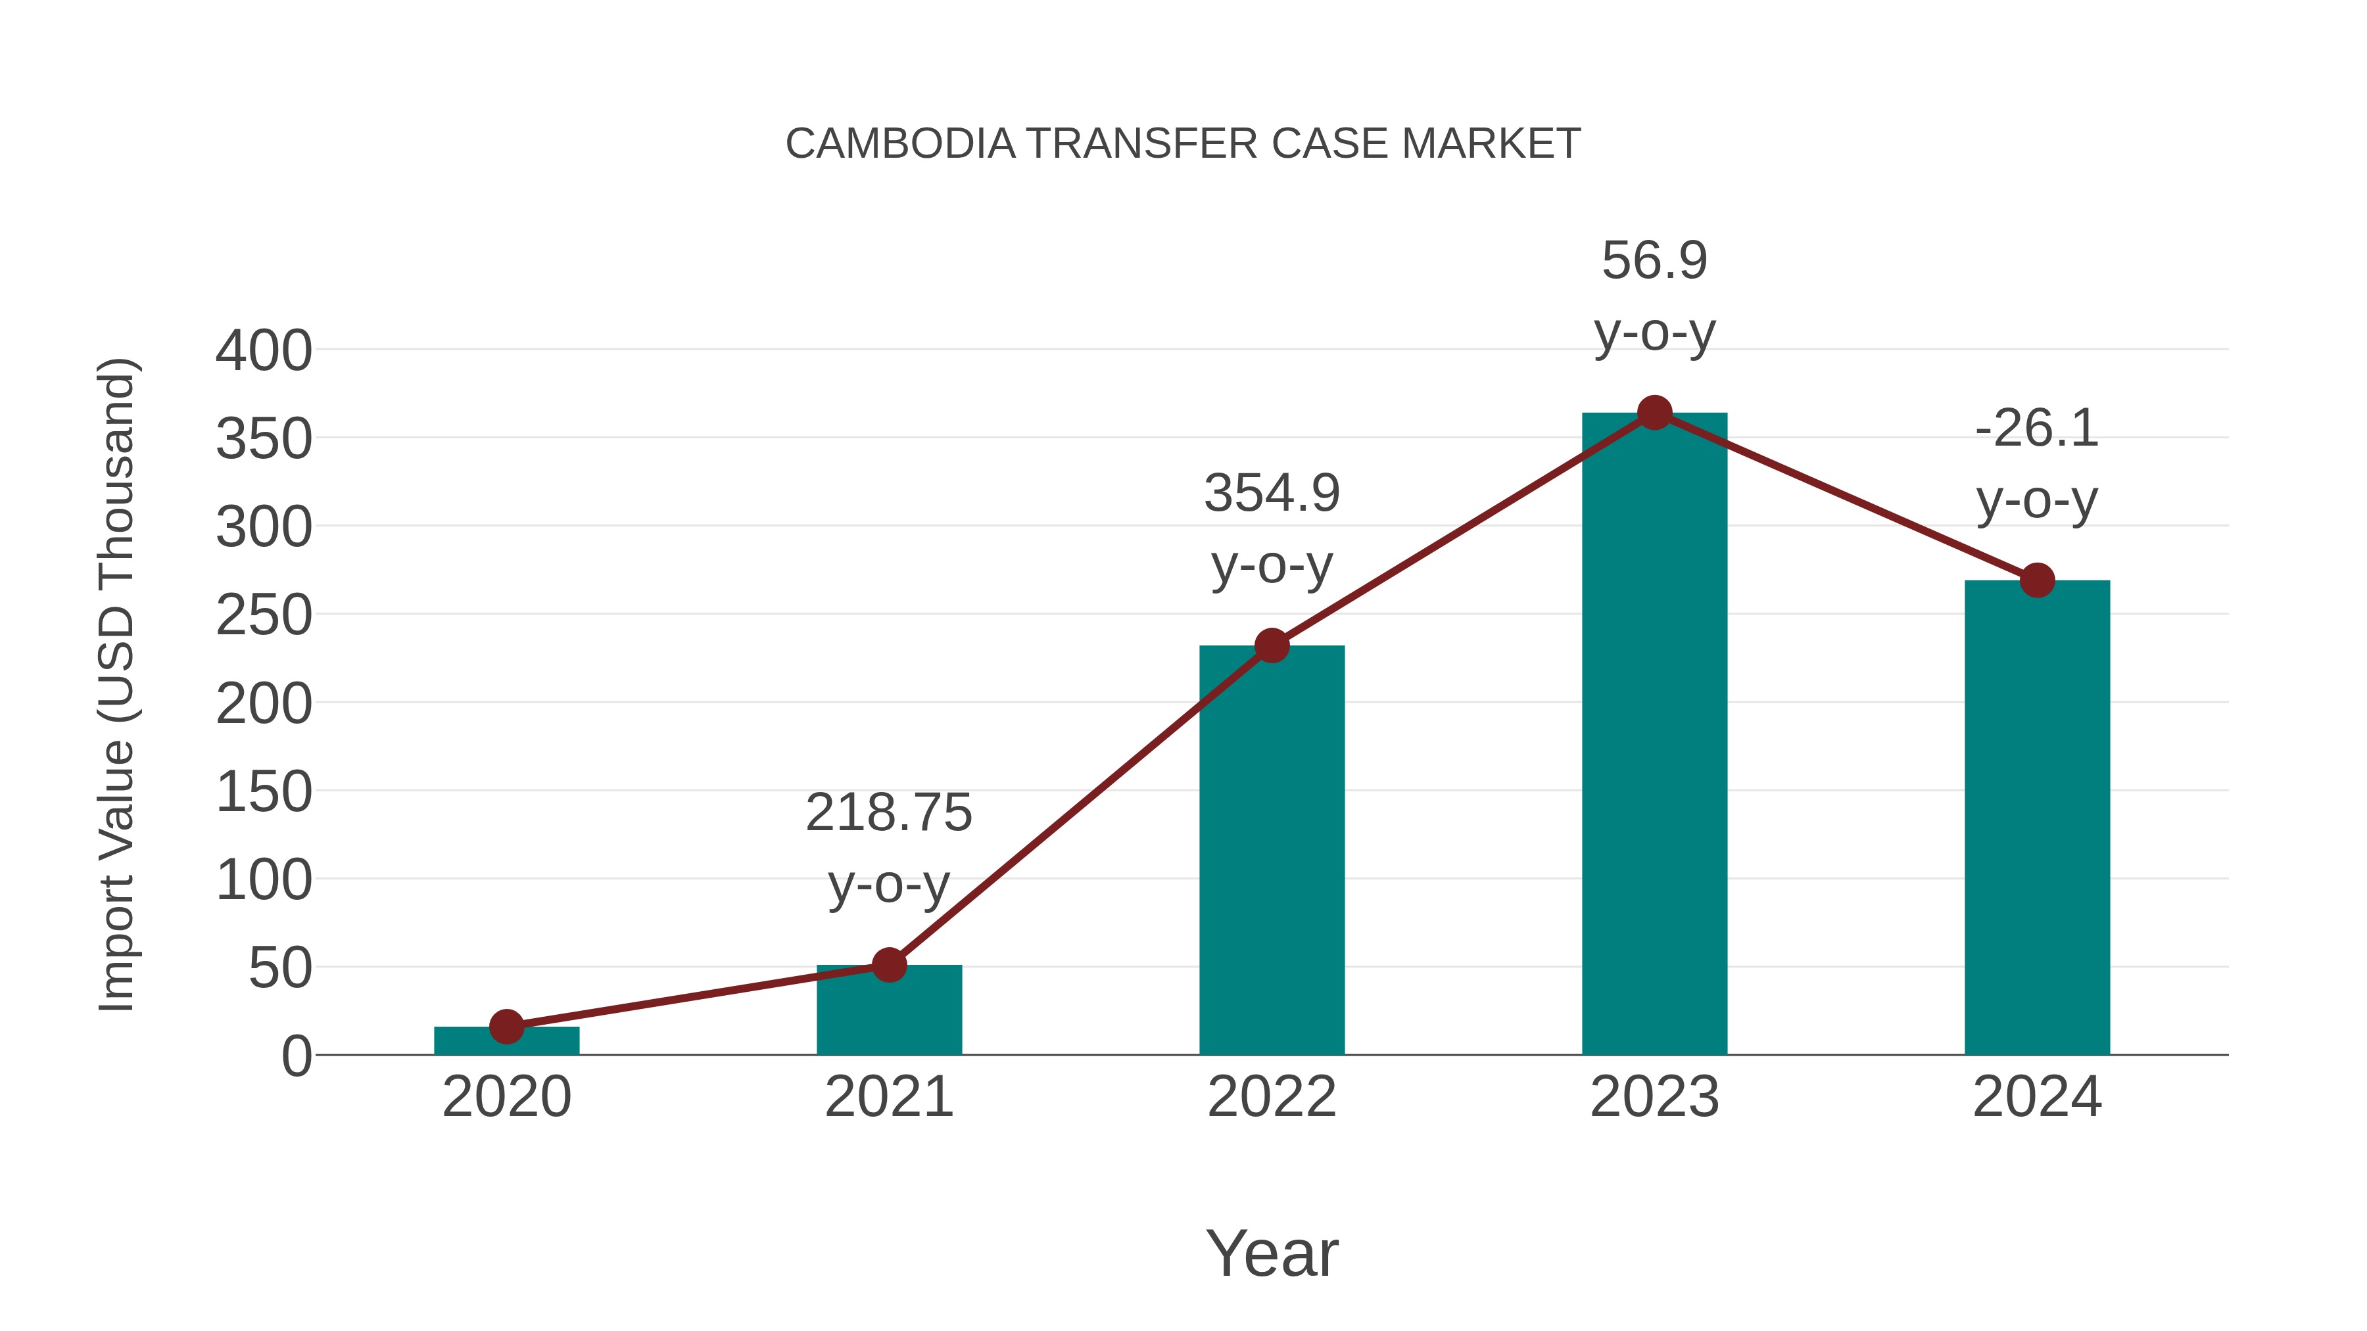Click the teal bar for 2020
click(506, 1042)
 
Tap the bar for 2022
click(1272, 850)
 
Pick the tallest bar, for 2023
click(1654, 735)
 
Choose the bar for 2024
click(2037, 818)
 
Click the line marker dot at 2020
click(506, 1026)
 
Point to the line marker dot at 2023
click(1654, 413)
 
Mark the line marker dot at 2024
click(2037, 580)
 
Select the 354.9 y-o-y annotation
click(1272, 528)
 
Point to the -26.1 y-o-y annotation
click(2037, 464)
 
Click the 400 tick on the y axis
click(264, 351)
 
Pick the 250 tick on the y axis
click(264, 615)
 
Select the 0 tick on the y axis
click(297, 1056)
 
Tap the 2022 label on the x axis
click(1272, 1097)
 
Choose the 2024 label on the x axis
click(2037, 1097)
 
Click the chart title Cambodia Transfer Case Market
click(1183, 144)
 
